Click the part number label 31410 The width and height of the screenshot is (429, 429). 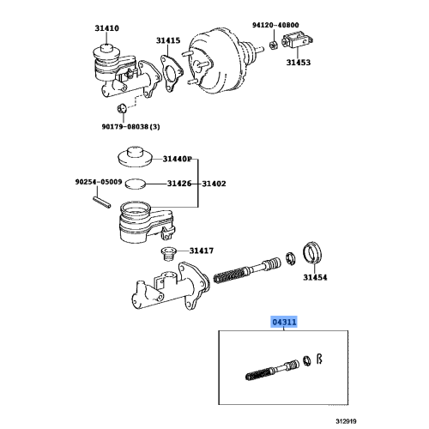coord(107,27)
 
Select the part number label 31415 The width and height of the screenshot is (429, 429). coord(168,40)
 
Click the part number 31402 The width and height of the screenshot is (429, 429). coord(214,183)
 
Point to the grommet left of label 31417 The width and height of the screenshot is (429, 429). coord(168,253)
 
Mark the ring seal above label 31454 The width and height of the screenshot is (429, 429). coord(316,255)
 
